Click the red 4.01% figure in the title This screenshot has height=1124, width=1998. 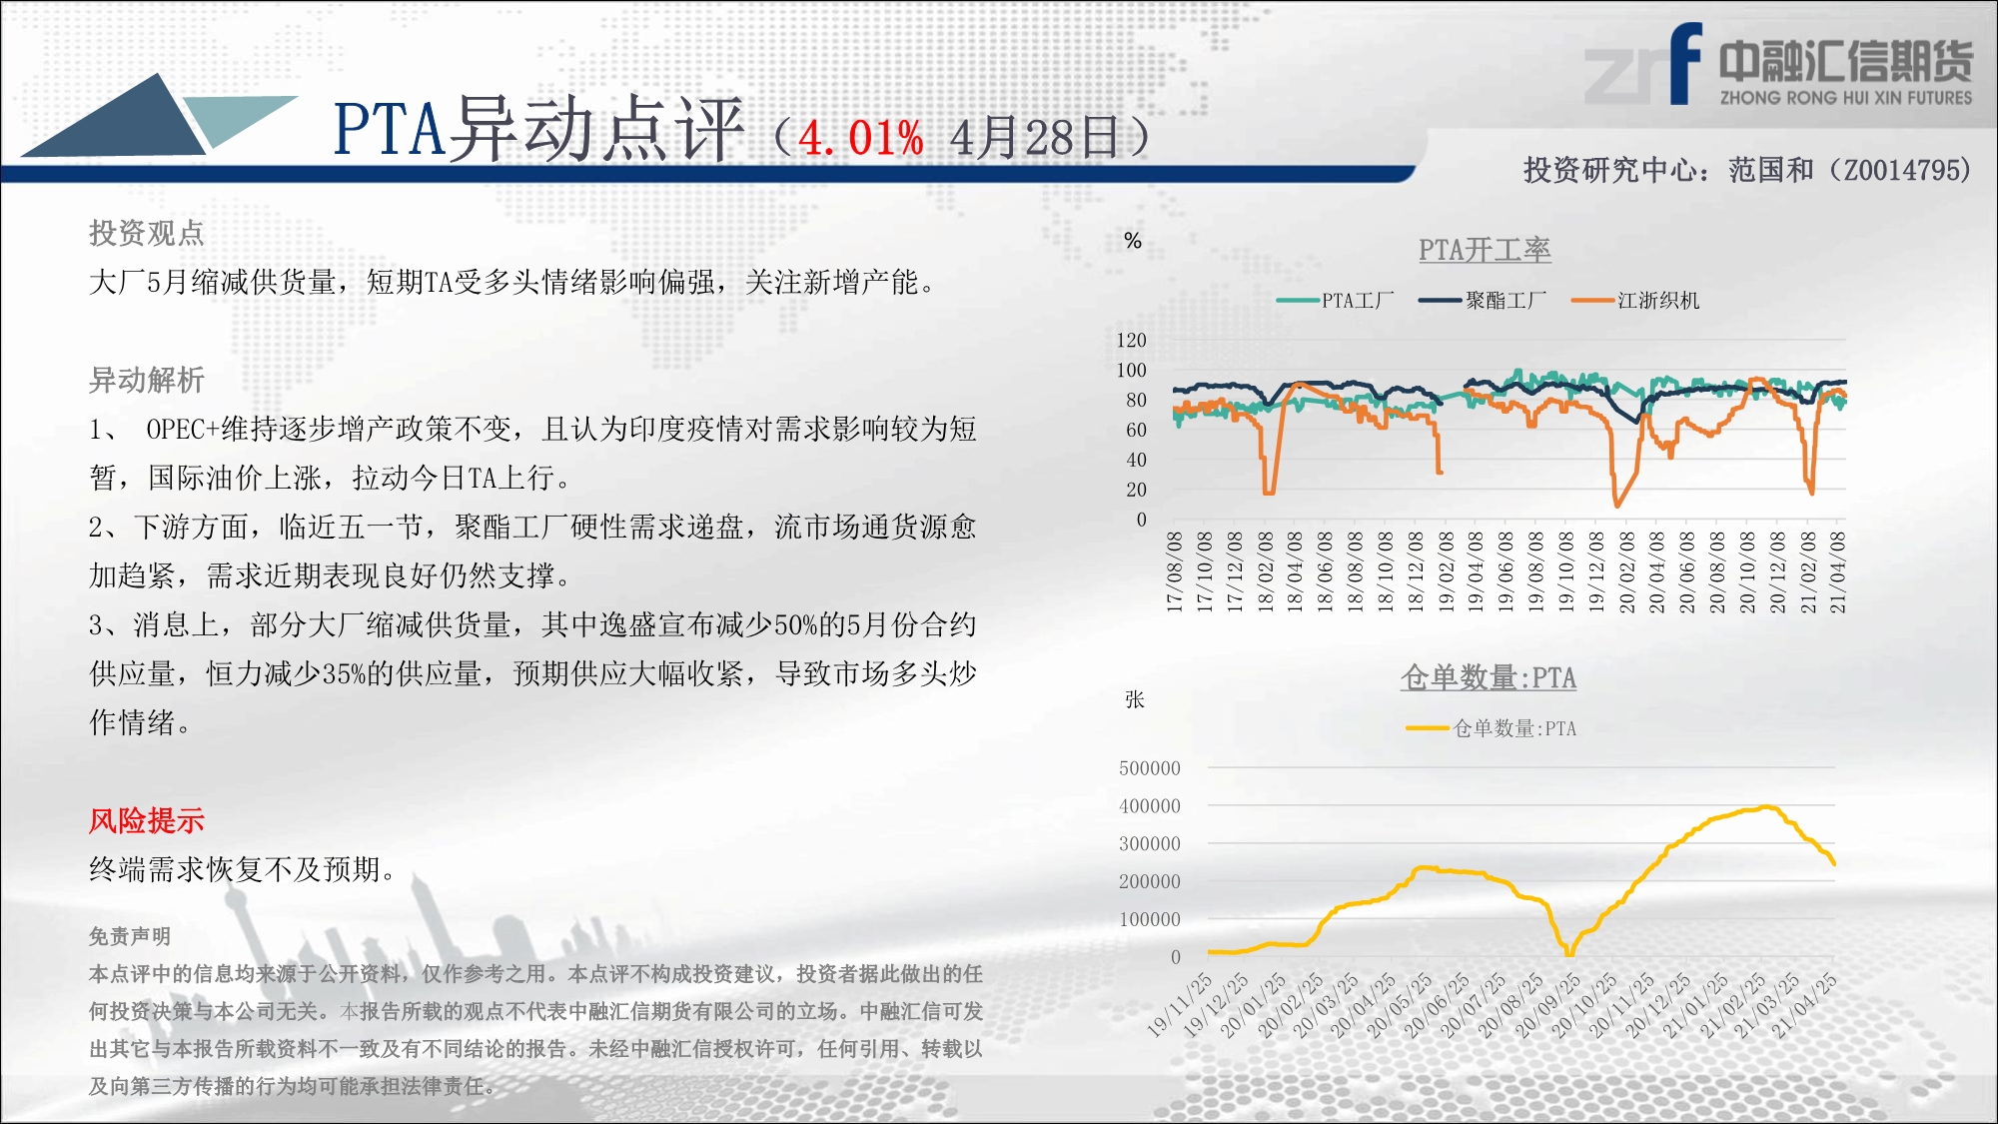click(x=861, y=138)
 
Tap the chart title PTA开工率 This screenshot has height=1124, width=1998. click(x=1485, y=250)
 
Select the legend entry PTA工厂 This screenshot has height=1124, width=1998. click(x=1335, y=300)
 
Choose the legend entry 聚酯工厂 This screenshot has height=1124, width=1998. click(x=1483, y=300)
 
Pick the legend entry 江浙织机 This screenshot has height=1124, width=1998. click(x=1635, y=300)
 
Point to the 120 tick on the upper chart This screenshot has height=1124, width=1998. click(x=1131, y=340)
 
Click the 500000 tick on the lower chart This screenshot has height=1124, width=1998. click(x=1149, y=767)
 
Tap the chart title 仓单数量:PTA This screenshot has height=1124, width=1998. click(x=1489, y=677)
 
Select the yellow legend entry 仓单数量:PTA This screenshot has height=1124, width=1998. click(x=1491, y=728)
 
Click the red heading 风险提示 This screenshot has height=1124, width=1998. click(x=146, y=820)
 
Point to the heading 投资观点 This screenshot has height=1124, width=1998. click(x=146, y=233)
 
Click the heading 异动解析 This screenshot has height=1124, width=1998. click(x=146, y=380)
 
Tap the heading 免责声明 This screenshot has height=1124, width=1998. click(x=130, y=936)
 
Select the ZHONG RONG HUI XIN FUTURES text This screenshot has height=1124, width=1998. click(x=1846, y=97)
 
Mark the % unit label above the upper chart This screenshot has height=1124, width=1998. click(x=1132, y=240)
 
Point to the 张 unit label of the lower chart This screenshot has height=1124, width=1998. click(x=1135, y=699)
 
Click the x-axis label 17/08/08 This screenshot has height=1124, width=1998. click(x=1175, y=571)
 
